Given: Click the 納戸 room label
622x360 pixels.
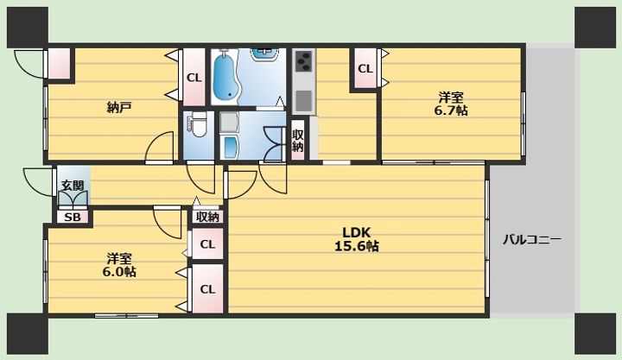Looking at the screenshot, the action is [119, 107].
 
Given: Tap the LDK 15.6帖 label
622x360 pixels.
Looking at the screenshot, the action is [357, 239].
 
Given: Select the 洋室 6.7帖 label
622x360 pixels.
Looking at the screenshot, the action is [451, 104].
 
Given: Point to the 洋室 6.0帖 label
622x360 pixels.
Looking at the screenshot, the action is [119, 265].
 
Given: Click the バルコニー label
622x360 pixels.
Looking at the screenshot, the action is [531, 240].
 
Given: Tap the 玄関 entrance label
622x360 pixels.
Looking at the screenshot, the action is [73, 185].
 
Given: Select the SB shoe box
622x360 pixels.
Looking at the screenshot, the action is [73, 218].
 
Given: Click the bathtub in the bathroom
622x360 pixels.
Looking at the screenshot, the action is [225, 76].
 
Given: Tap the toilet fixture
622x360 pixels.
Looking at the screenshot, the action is [196, 124].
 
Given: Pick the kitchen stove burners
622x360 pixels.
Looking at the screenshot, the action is [304, 60].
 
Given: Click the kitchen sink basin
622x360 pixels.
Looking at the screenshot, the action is [303, 100].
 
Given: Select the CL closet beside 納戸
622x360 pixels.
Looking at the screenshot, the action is [194, 78].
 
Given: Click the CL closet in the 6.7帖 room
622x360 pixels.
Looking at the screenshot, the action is [365, 68].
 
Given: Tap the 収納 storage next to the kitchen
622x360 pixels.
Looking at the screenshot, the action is [298, 140].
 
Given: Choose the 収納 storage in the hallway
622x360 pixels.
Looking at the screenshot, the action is [207, 217].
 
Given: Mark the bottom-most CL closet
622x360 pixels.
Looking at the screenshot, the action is [207, 289].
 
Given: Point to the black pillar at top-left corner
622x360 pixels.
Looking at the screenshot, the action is [28, 27].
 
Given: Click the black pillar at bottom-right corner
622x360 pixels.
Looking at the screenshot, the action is [595, 333].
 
